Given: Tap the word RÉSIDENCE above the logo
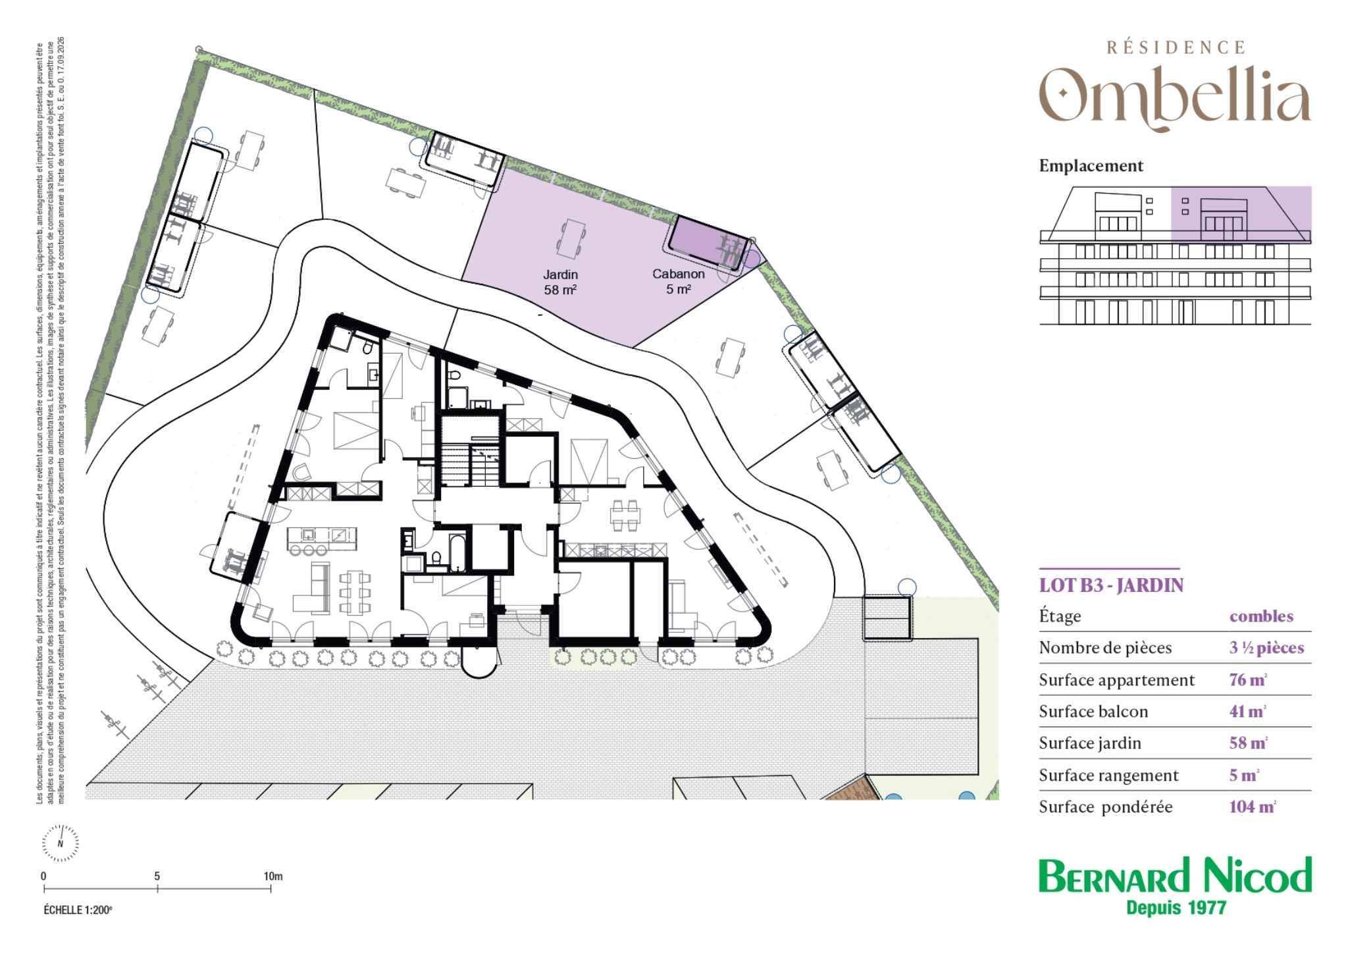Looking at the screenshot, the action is click(x=1176, y=47).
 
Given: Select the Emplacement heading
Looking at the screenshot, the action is click(x=1091, y=166).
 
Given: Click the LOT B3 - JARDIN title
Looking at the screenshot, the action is click(x=1111, y=585).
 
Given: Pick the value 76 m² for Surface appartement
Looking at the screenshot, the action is click(x=1248, y=679).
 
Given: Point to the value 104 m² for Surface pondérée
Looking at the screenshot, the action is click(x=1253, y=807).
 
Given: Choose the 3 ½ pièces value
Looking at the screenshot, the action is click(x=1266, y=648).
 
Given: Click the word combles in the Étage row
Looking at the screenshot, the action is click(x=1261, y=616).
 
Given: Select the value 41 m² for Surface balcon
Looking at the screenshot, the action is click(x=1248, y=711).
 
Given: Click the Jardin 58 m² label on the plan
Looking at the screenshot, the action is click(x=560, y=282).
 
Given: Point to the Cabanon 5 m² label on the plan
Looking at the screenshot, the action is click(x=678, y=281).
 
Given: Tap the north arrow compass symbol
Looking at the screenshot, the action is click(x=61, y=842).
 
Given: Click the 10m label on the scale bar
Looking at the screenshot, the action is click(x=272, y=876).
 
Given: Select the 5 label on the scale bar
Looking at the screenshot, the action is click(x=157, y=876).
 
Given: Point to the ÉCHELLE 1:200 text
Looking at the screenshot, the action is click(x=78, y=910).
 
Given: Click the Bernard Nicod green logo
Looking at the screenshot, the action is click(x=1175, y=876).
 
